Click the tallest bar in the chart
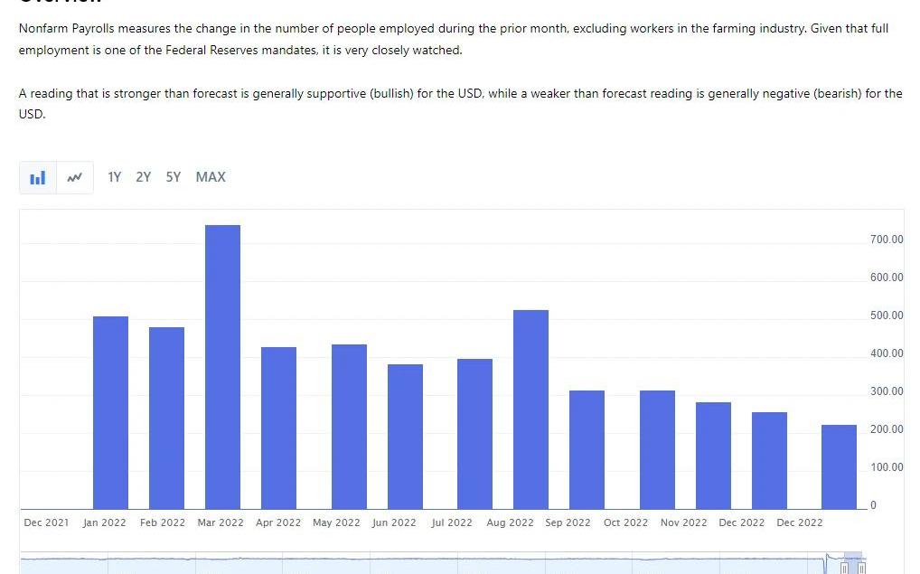tap(222, 366)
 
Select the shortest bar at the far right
tap(839, 466)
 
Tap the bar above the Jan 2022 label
tap(110, 412)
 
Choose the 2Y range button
tap(144, 177)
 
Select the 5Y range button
tap(174, 177)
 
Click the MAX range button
tap(211, 177)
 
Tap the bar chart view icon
tap(37, 177)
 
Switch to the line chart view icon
tap(75, 177)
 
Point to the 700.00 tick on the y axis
tap(887, 240)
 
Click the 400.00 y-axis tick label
tap(887, 353)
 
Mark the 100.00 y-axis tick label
tap(887, 467)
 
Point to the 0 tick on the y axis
tap(873, 505)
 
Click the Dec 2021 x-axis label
tap(46, 522)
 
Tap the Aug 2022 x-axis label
tap(510, 522)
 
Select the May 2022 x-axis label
tap(336, 522)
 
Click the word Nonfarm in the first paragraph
tap(42, 29)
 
